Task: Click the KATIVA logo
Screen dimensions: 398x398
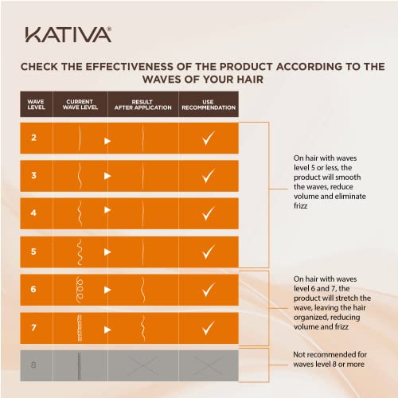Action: pyautogui.click(x=68, y=33)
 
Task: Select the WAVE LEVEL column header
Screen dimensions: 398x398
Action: pyautogui.click(x=36, y=105)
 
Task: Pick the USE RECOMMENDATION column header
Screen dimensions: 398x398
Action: pyautogui.click(x=209, y=105)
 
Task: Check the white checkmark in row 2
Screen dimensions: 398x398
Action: pyautogui.click(x=209, y=139)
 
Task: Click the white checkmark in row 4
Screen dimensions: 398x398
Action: pyautogui.click(x=209, y=214)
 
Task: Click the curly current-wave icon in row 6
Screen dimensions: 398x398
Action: pyautogui.click(x=80, y=289)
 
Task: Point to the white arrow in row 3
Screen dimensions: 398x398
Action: pyautogui.click(x=107, y=178)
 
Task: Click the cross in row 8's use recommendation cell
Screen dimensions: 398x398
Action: pyautogui.click(x=209, y=365)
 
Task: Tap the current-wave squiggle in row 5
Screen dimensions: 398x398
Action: pyautogui.click(x=80, y=252)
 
